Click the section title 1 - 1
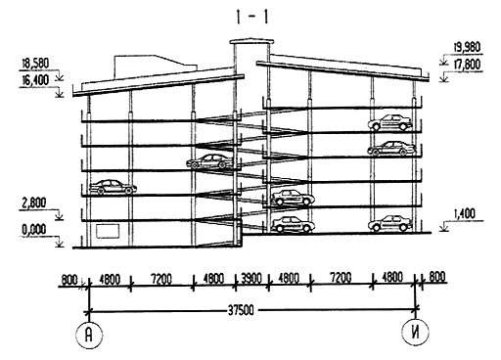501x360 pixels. point(252,18)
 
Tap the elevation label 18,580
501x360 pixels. point(35,64)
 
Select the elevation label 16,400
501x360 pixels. point(35,80)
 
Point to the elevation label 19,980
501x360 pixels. point(467,47)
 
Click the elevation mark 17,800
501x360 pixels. point(467,66)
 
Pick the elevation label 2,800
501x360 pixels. point(33,203)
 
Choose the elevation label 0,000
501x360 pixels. point(33,230)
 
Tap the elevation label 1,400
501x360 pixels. point(464,214)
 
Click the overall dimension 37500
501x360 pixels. point(241,310)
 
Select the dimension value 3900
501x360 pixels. point(251,279)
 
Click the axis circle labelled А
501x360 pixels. point(89,336)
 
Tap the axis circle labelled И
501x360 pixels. point(415,332)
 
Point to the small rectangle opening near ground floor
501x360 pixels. point(107,230)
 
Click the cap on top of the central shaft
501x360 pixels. point(251,42)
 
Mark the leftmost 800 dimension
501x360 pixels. point(69,280)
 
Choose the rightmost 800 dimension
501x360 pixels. point(437,277)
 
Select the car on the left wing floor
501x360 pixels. point(114,188)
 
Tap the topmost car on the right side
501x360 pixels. point(389,122)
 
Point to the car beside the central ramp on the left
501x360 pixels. point(210,161)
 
